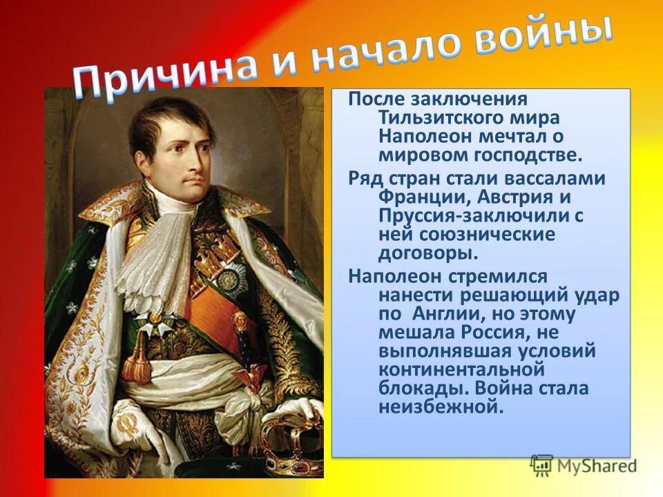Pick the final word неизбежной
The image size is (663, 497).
(438, 407)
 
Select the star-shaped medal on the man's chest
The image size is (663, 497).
(229, 277)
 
